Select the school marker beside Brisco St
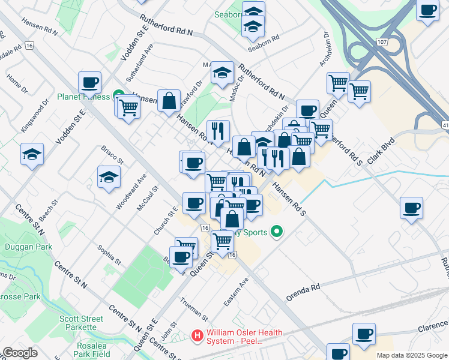(109, 177)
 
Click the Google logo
(20, 353)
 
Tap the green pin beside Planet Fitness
(119, 97)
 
